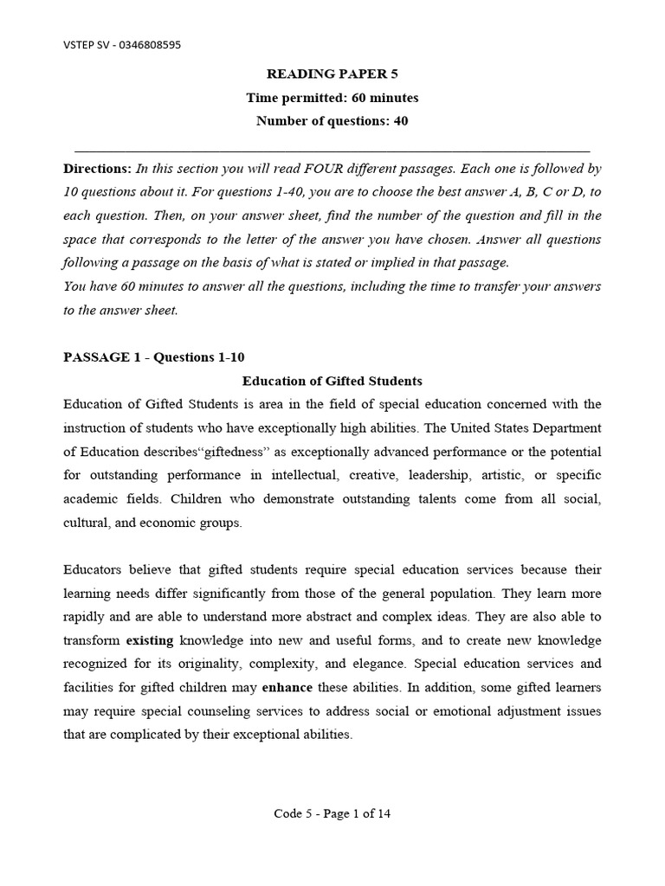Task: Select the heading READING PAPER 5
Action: tap(332, 75)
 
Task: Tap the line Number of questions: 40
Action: tap(332, 121)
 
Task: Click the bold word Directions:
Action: tap(98, 169)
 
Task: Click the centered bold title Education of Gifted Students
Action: tap(332, 381)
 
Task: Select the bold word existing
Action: tap(150, 640)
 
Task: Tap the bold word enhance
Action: tap(287, 688)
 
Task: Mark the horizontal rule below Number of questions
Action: tap(332, 149)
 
